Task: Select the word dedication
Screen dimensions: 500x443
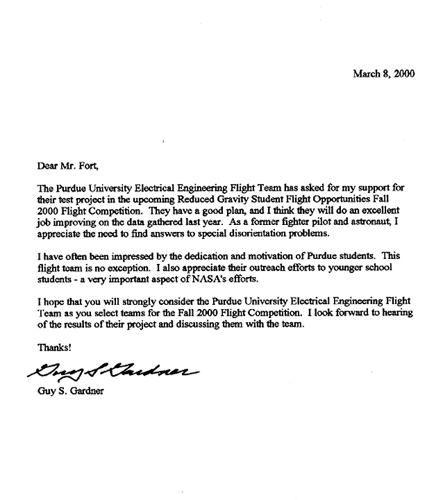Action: pyautogui.click(x=221, y=256)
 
